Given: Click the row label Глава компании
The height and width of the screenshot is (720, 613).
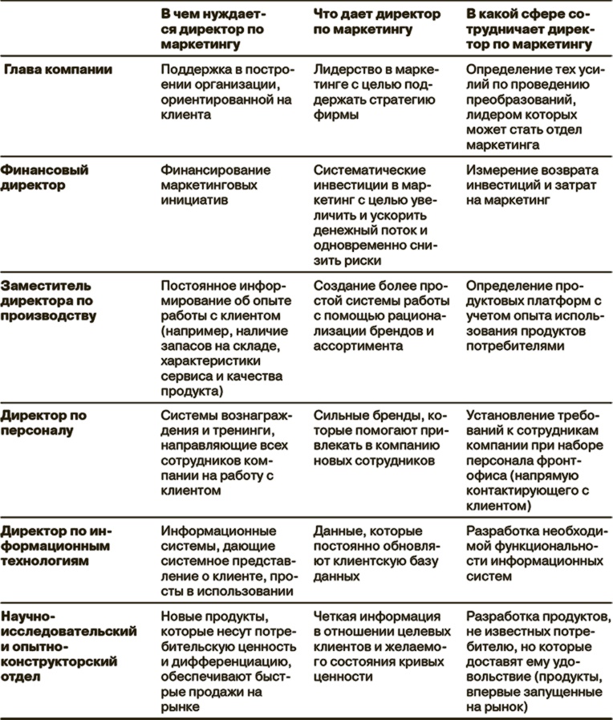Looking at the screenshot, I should click(x=59, y=70).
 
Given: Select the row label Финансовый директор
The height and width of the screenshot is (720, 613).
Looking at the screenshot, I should click(x=45, y=177).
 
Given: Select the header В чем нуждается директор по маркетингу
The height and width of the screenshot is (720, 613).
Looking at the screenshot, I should click(x=214, y=31).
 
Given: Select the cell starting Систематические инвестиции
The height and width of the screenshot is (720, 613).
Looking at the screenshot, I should click(x=377, y=216).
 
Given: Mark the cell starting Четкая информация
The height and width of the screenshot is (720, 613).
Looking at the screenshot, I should click(x=377, y=646).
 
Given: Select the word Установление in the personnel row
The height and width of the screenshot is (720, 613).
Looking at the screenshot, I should click(x=506, y=416).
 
